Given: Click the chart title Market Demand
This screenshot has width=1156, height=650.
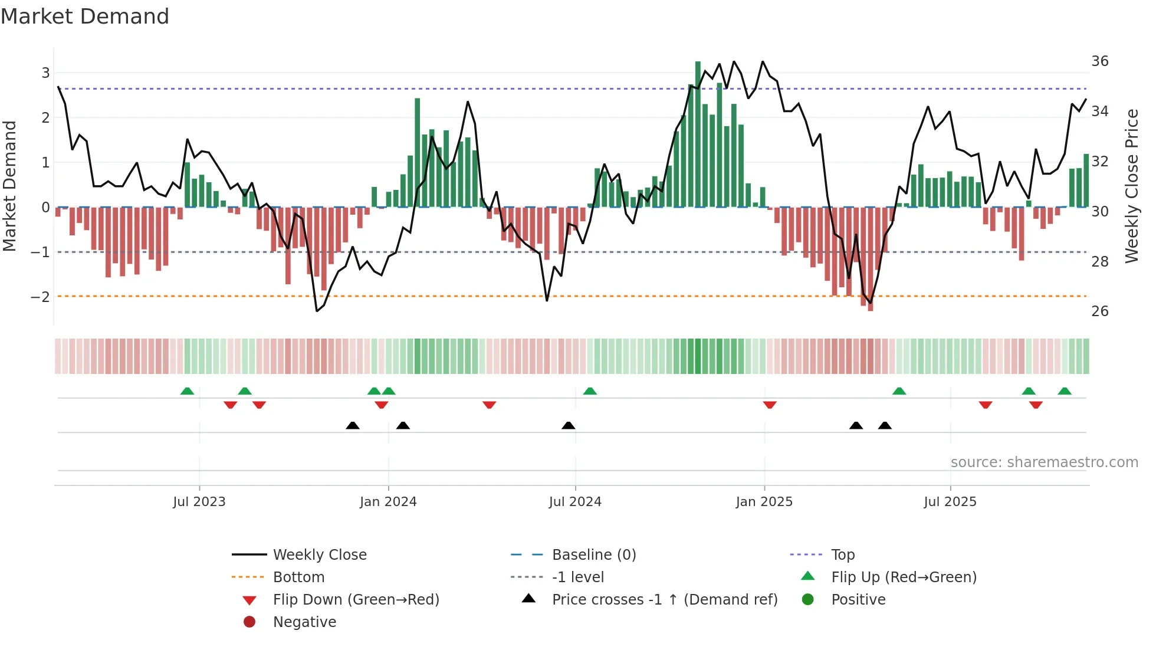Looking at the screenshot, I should [85, 17].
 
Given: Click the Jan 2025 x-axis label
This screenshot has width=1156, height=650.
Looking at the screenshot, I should [764, 502].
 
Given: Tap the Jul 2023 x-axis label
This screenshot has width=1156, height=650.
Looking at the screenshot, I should [199, 502].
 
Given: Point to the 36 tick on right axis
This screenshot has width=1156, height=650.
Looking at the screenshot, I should [1099, 61].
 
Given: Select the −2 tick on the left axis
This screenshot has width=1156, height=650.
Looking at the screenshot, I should [40, 297].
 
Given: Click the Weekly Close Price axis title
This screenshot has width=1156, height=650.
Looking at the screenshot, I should [1131, 186].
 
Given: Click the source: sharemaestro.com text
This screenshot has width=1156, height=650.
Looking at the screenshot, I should [1044, 462].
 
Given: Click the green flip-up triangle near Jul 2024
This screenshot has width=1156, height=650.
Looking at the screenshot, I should [590, 391].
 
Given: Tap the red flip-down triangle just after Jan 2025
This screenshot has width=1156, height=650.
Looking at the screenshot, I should [770, 405].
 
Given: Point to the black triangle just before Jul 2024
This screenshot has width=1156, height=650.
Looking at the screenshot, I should [569, 425].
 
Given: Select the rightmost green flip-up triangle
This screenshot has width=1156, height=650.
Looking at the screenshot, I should [1065, 391].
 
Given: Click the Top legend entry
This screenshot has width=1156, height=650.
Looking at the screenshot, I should [842, 555].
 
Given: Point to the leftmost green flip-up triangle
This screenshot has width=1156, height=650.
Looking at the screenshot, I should [187, 391].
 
